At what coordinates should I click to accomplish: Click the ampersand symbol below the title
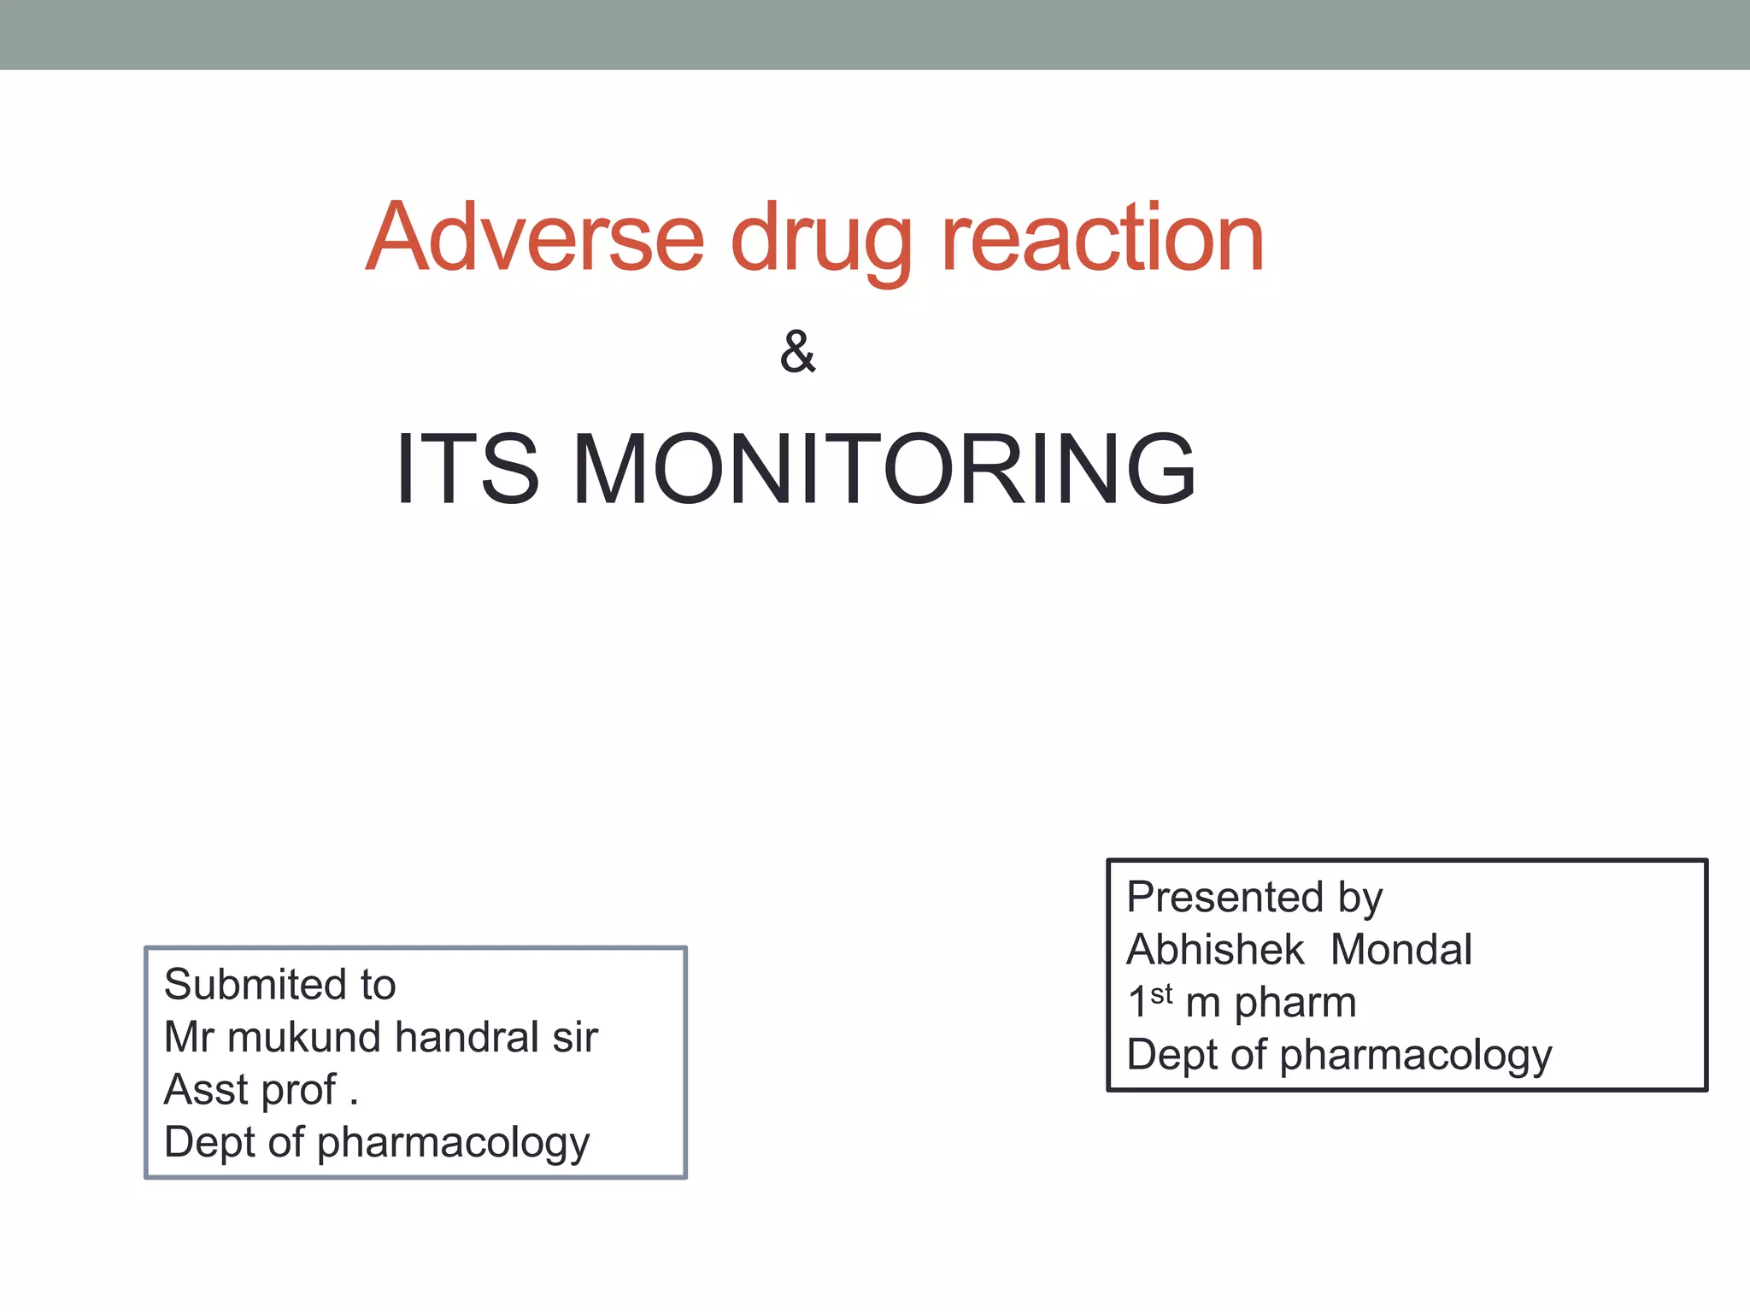797,351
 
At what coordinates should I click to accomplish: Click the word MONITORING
884,469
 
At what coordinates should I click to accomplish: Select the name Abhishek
1215,950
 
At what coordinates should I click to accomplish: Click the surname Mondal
1401,950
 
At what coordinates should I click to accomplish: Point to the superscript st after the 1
1161,994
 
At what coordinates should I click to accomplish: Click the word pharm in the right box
1295,1003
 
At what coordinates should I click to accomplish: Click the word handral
467,1038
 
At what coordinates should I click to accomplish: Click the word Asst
206,1090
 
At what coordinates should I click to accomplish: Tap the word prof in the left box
298,1092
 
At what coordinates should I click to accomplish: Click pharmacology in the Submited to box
453,1144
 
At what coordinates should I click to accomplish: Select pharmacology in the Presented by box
1415,1056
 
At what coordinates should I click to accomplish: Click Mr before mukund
188,1038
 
